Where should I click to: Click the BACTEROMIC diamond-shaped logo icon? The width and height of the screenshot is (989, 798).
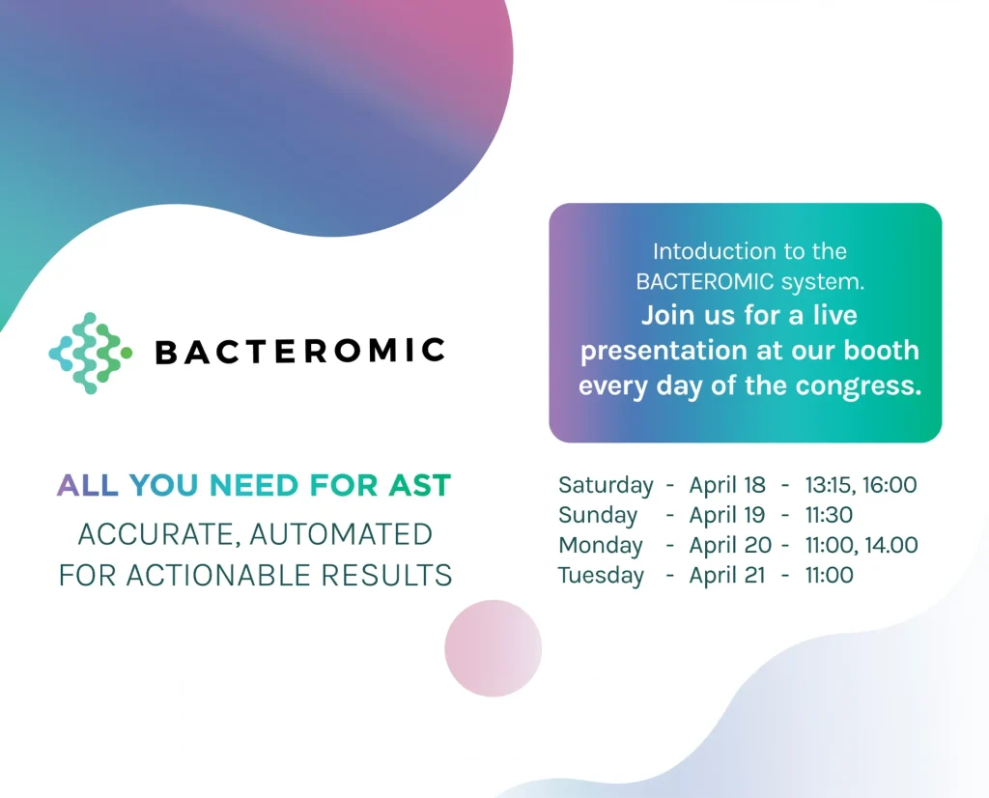tap(91, 354)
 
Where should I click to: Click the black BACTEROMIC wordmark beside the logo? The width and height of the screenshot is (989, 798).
tap(300, 352)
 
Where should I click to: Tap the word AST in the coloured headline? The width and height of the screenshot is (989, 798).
tap(419, 485)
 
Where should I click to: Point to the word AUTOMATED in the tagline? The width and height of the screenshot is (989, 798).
tap(341, 534)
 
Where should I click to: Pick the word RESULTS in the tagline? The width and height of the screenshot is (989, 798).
tap(386, 576)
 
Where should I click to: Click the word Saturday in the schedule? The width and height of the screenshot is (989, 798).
tap(606, 486)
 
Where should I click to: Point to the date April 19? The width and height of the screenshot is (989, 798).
tap(727, 515)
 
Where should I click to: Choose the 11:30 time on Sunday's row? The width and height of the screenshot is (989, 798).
tap(829, 515)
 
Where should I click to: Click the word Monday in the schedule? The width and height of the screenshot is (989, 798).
tap(601, 546)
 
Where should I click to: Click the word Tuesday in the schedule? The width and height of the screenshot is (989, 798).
tap(601, 576)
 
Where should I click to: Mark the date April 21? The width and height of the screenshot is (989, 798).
tap(727, 576)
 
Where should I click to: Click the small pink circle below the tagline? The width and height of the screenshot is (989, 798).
tap(494, 648)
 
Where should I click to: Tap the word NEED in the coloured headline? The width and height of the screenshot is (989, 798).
tap(254, 485)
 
